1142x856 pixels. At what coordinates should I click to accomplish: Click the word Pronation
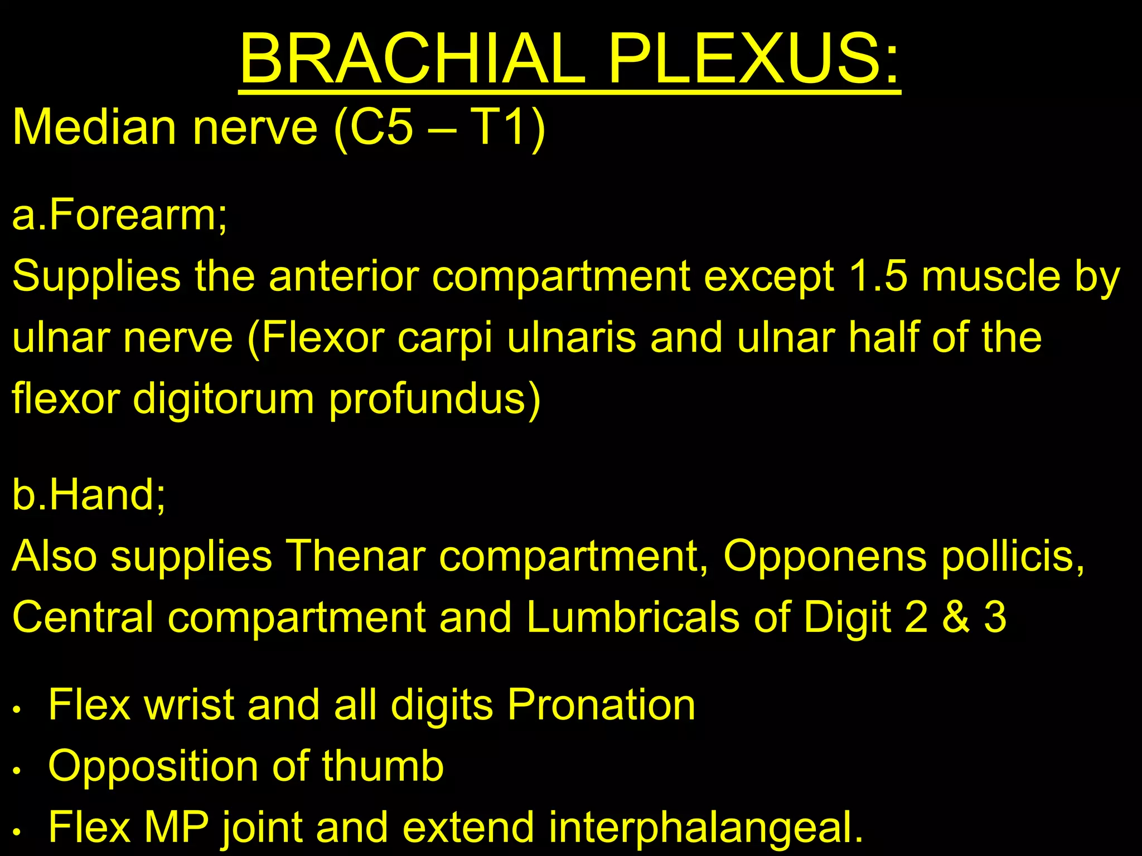601,706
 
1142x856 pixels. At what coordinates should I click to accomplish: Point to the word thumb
383,767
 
